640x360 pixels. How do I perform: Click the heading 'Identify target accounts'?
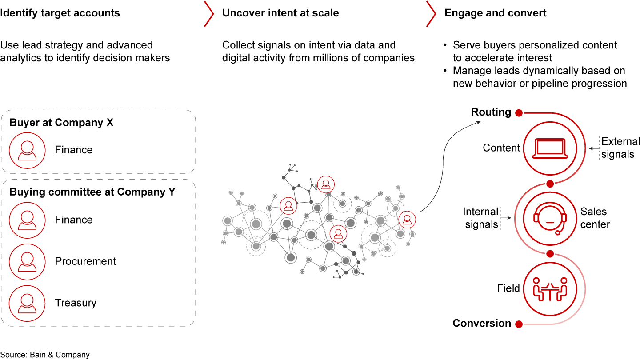[60, 13]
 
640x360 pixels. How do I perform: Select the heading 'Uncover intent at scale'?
[280, 13]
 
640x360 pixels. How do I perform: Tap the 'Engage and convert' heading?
[496, 13]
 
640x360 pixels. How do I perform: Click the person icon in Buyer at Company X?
[27, 150]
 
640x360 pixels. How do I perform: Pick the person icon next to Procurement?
[27, 261]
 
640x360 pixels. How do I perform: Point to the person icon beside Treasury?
[27, 303]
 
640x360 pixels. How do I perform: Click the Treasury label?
[76, 303]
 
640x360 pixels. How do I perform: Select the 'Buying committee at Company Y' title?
[92, 192]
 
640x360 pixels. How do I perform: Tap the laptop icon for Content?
[550, 148]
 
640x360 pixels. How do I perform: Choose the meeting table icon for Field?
[550, 288]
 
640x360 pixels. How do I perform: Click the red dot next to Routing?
[519, 113]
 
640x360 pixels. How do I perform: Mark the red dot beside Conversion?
[519, 324]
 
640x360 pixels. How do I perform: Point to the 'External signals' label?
[620, 148]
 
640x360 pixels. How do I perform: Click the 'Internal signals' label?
[481, 218]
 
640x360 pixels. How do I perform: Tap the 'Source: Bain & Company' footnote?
[45, 355]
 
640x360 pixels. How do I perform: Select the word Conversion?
[482, 324]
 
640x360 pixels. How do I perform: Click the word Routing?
[491, 112]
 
